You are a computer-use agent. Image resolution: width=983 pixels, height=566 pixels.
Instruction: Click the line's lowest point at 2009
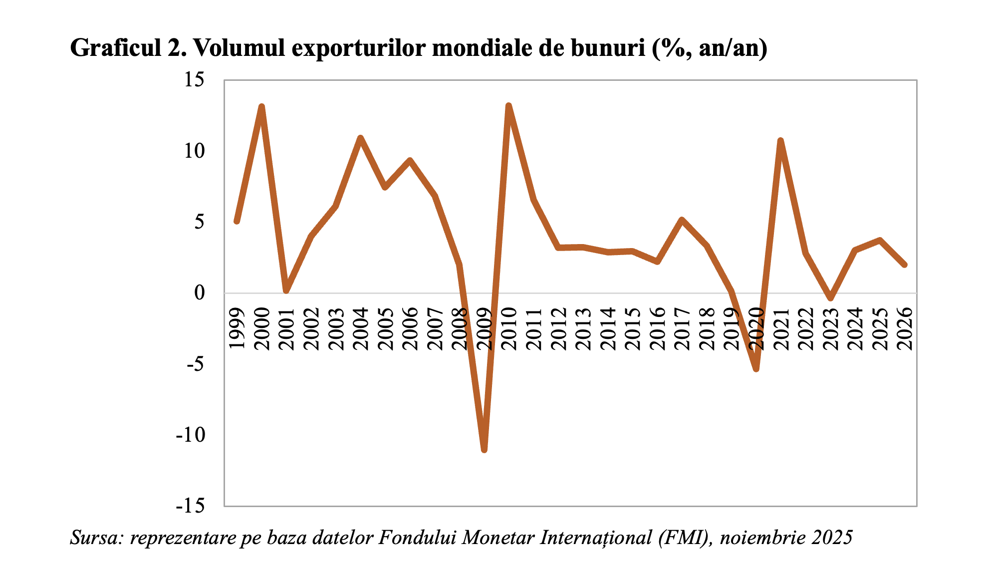coord(484,449)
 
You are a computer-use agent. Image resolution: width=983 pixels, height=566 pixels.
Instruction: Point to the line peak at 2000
coord(261,107)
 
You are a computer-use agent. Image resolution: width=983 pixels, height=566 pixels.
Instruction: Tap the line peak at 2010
coord(508,106)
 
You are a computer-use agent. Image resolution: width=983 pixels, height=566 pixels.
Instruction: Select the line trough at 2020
coord(756,369)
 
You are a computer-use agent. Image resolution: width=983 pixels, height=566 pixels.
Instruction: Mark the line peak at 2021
coord(780,141)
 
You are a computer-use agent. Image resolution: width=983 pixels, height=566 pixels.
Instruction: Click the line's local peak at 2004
coord(360,138)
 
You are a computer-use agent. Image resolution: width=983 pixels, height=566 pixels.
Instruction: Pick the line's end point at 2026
coord(904,265)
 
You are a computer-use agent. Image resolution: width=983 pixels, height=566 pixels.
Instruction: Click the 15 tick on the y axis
coord(195,80)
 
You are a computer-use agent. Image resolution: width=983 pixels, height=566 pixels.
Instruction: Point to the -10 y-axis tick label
coord(191,435)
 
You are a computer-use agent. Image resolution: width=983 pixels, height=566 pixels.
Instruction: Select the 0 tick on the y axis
coord(200,293)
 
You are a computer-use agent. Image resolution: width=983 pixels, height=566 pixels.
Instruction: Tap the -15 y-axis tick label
coord(191,506)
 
